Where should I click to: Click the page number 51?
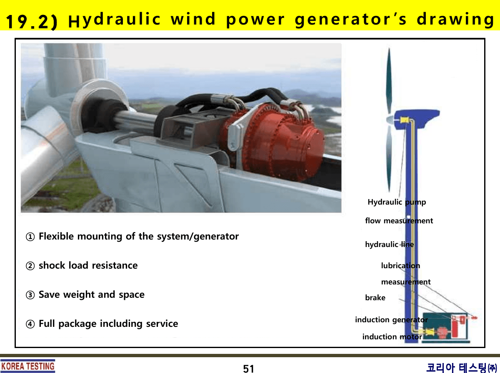coord(248,369)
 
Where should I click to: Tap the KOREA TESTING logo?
coord(27,366)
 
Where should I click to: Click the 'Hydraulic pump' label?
coord(397,203)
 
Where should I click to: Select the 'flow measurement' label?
coord(399,221)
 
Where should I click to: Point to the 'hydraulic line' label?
coord(389,245)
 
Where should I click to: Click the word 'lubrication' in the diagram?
coord(400,266)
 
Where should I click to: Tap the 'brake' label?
coord(375,298)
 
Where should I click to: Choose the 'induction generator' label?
coord(391,320)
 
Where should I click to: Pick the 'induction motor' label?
coord(392,337)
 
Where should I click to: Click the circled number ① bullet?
coord(30,237)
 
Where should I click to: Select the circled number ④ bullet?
coord(30,324)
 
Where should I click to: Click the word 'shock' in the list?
coord(51,266)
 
